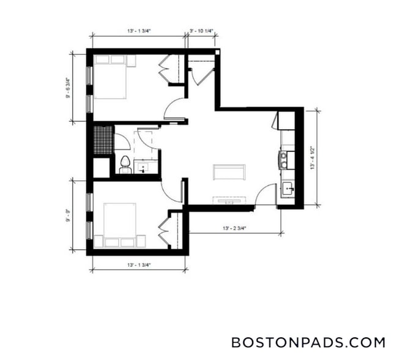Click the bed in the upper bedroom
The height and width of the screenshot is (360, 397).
pos(111,77)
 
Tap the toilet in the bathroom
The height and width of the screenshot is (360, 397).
pos(125,163)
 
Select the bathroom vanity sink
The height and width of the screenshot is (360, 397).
pos(146,166)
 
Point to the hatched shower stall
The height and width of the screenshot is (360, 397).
pos(103,140)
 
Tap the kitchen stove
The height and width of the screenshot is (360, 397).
pos(284,160)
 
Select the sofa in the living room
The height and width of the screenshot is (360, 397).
pos(229,172)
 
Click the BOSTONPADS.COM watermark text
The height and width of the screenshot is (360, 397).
pos(308,342)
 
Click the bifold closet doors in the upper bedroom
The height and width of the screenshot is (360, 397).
pos(164,70)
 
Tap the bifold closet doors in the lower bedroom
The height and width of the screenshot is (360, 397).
pos(163,231)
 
